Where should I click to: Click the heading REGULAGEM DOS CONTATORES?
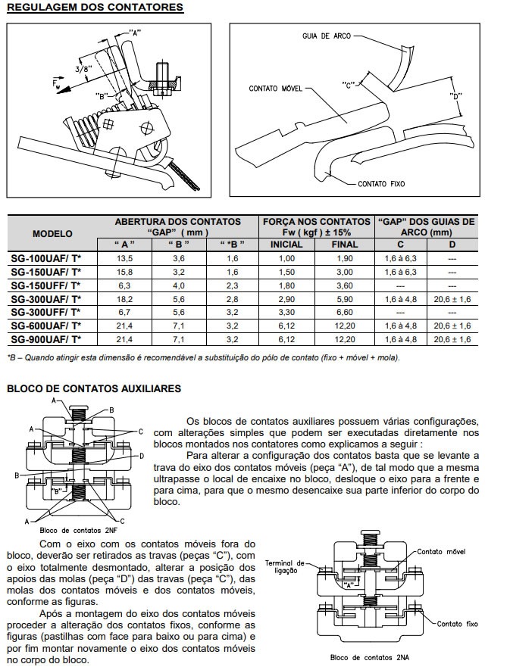(95, 8)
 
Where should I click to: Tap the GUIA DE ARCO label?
(326, 36)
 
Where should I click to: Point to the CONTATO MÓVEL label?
(276, 89)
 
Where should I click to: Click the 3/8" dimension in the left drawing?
(82, 70)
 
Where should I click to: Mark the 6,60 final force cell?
(345, 312)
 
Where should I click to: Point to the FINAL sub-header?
(345, 245)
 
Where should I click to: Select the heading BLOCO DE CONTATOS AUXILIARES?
(94, 388)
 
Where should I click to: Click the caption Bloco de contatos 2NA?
(369, 657)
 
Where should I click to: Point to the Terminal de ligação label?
(286, 566)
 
